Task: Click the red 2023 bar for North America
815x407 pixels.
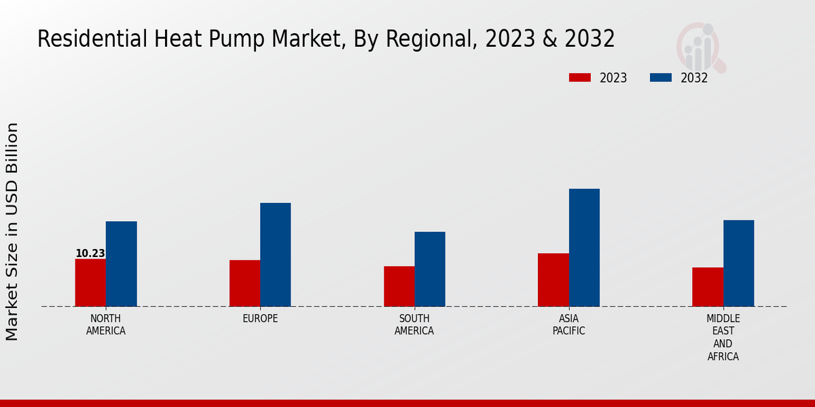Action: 90,282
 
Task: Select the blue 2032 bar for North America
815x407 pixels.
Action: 121,264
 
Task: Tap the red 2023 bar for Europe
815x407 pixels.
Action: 244,283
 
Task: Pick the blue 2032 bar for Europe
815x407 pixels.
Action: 275,254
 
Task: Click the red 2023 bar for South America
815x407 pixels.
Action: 399,286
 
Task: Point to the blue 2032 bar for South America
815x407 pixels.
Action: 430,269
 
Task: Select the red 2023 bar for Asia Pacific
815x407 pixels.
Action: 553,279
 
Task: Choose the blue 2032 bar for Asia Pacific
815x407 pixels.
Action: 584,248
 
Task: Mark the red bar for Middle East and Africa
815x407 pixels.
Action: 708,287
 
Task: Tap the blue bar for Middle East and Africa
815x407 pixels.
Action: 738,263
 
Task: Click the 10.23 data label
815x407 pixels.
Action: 90,254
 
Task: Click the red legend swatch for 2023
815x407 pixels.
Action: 579,77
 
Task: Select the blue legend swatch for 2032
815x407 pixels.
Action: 660,77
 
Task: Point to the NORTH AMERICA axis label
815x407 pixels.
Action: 106,325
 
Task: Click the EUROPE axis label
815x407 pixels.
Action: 260,319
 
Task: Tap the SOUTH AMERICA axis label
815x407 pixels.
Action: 414,325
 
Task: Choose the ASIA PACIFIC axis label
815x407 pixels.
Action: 568,325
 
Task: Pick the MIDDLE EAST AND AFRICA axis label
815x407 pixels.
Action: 723,337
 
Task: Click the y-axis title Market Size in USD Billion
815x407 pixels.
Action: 12,231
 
